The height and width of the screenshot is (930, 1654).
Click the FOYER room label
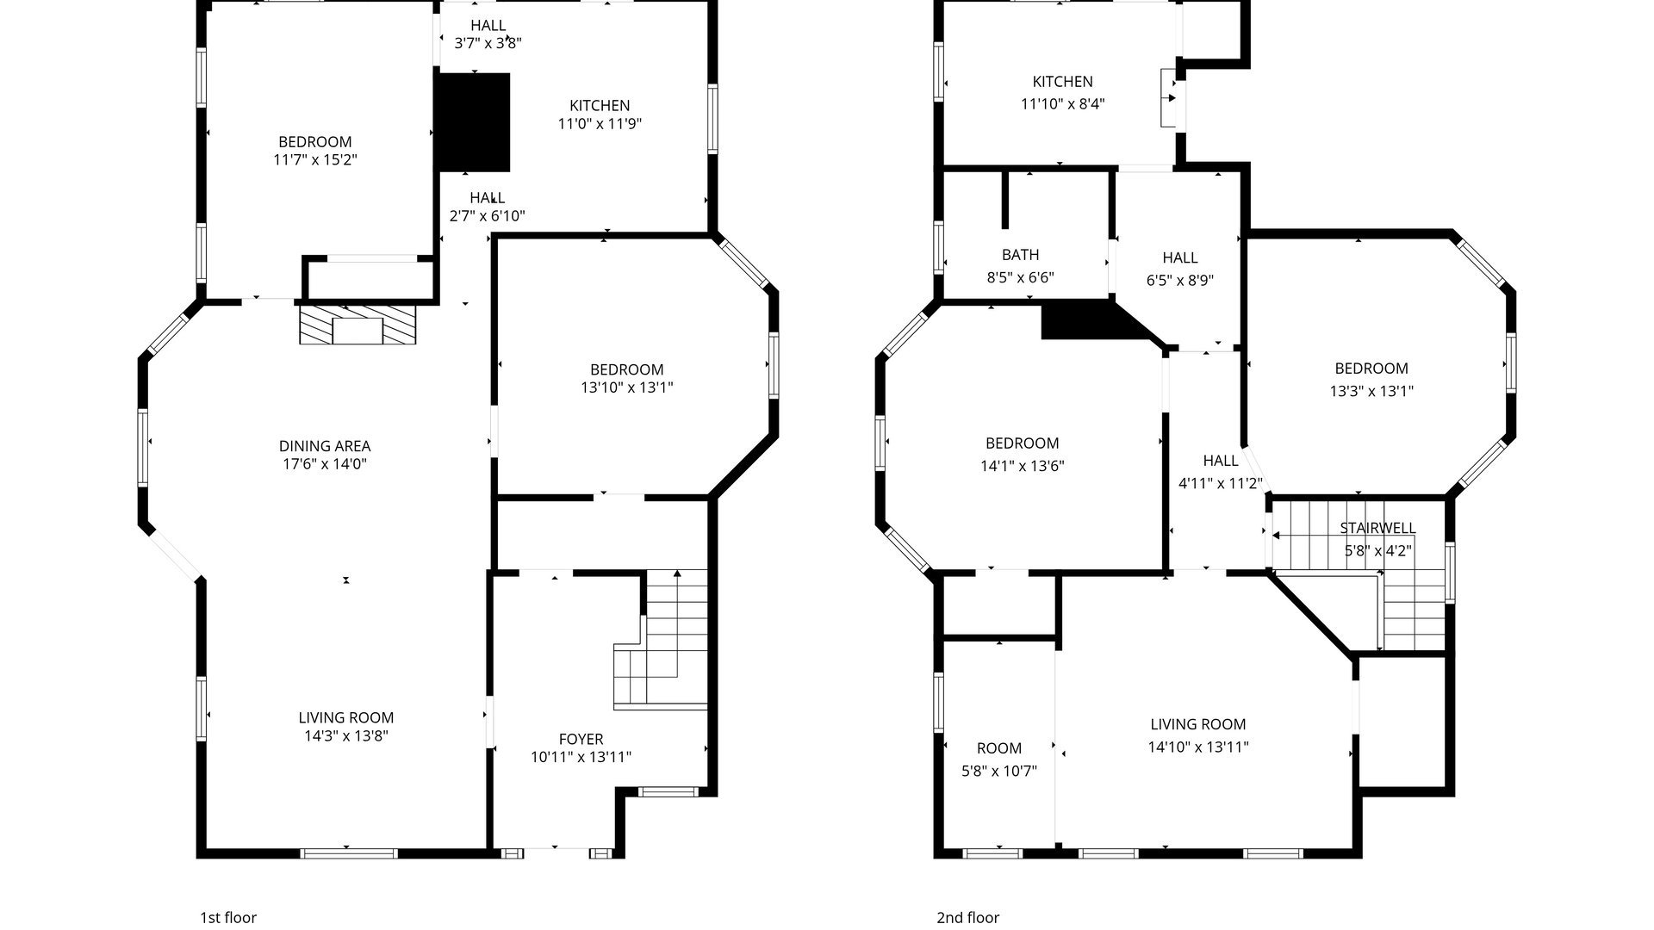(581, 739)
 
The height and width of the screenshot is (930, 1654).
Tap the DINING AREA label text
(325, 446)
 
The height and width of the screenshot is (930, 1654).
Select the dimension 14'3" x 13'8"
(346, 736)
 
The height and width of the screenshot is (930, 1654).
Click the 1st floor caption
(228, 918)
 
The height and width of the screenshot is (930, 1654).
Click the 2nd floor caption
(968, 918)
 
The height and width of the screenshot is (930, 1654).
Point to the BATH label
(1020, 255)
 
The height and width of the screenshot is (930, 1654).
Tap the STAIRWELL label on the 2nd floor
(1377, 528)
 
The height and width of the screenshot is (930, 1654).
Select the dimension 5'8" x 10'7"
(999, 772)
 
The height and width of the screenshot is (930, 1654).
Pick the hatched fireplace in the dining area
(358, 325)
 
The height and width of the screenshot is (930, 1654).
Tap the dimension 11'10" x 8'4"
(1063, 104)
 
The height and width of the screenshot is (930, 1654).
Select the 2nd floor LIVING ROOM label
(1198, 724)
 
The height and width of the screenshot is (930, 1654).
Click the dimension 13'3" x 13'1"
(1371, 391)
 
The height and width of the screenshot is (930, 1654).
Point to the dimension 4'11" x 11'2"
(1221, 484)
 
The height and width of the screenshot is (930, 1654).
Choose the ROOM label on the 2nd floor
(999, 748)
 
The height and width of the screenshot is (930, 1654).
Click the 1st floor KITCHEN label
(600, 105)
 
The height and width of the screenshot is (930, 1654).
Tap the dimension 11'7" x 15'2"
(315, 160)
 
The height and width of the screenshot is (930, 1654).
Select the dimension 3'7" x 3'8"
(488, 43)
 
